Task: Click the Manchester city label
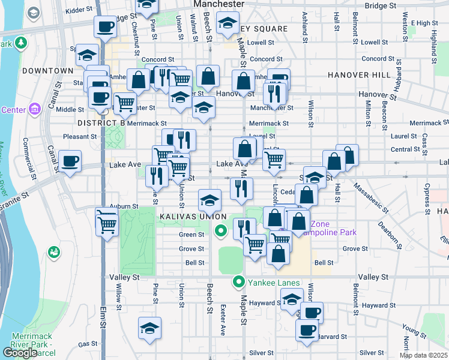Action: [x=218, y=4]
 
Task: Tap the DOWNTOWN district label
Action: [x=47, y=71]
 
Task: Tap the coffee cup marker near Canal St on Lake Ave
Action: [x=70, y=161]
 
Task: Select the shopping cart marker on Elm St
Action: [x=107, y=224]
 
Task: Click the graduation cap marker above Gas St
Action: [x=149, y=328]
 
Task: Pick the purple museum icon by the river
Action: [x=35, y=109]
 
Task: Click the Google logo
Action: [x=19, y=352]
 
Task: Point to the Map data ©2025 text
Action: [x=423, y=355]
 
